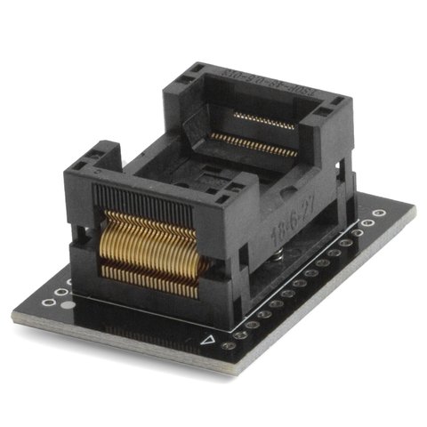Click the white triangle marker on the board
(209, 339)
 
